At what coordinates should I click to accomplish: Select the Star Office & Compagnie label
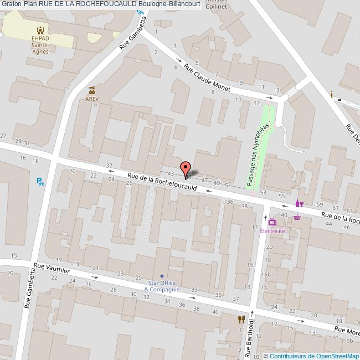pyautogui.click(x=162, y=286)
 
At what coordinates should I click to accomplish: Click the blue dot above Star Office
pyautogui.click(x=162, y=276)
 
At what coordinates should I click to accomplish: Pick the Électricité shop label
pyautogui.click(x=272, y=231)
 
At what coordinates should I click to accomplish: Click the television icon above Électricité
pyautogui.click(x=272, y=223)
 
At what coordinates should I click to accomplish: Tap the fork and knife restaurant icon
pyautogui.click(x=241, y=319)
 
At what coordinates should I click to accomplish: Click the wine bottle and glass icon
pyautogui.click(x=300, y=203)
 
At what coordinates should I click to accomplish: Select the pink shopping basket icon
pyautogui.click(x=297, y=217)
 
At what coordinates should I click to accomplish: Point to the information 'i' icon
pyautogui.click(x=332, y=94)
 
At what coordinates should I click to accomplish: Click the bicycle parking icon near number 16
pyautogui.click(x=40, y=181)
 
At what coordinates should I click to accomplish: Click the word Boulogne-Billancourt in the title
pyautogui.click(x=166, y=4)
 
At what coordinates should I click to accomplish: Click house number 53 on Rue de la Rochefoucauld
pyautogui.click(x=263, y=192)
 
